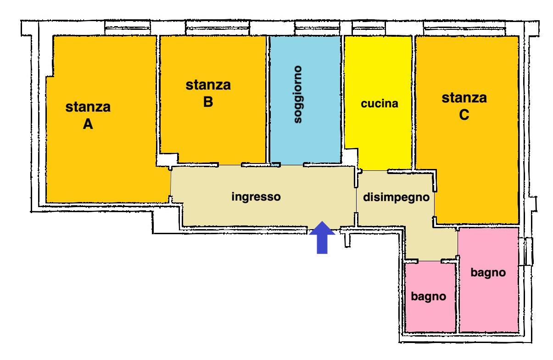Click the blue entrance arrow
pyautogui.click(x=322, y=237)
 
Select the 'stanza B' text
pyautogui.click(x=208, y=93)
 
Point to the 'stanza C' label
pyautogui.click(x=464, y=106)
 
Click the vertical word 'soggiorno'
pyautogui.click(x=298, y=95)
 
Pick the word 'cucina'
pyautogui.click(x=380, y=103)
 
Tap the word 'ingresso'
pyautogui.click(x=256, y=197)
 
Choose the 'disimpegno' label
pyautogui.click(x=396, y=197)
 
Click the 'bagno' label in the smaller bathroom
pyautogui.click(x=428, y=297)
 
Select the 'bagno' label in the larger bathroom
pyautogui.click(x=488, y=273)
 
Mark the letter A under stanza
pyautogui.click(x=88, y=124)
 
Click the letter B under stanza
pyautogui.click(x=208, y=102)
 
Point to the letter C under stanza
pyautogui.click(x=464, y=115)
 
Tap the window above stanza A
pyautogui.click(x=128, y=28)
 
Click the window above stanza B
pyautogui.click(x=218, y=28)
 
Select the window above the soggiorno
pyautogui.click(x=318, y=28)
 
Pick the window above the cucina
pyautogui.click(x=369, y=28)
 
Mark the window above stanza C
pyautogui.click(x=464, y=28)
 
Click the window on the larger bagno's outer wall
pyautogui.click(x=526, y=252)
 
